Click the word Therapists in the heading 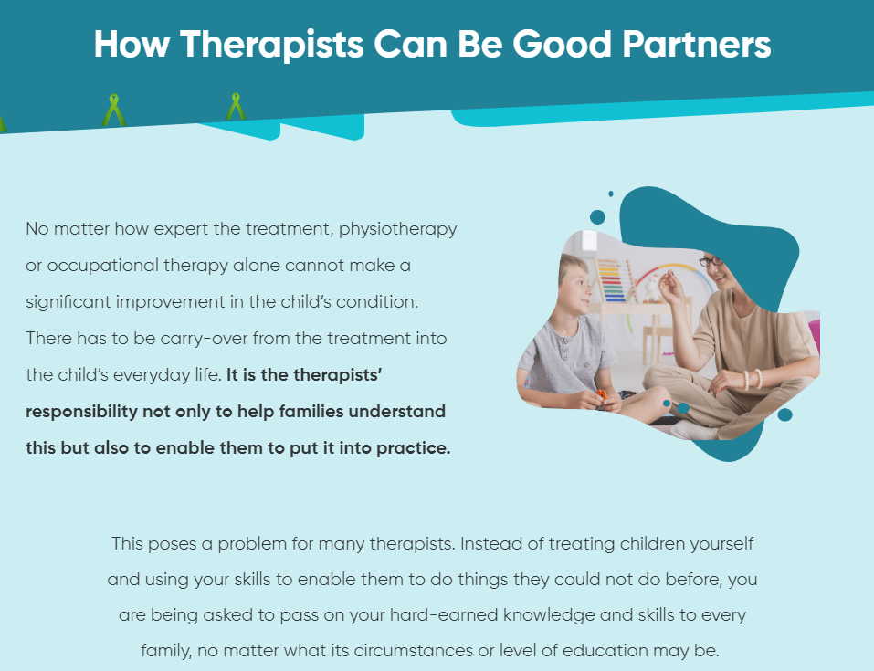[x=271, y=44]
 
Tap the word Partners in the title [x=697, y=44]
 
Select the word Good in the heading [x=563, y=44]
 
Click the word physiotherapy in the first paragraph [x=398, y=230]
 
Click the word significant [x=68, y=302]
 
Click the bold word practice [x=413, y=448]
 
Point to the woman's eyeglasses [x=711, y=261]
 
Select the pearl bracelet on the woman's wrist [x=752, y=379]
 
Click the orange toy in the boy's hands [x=602, y=394]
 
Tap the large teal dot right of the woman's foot [x=784, y=414]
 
